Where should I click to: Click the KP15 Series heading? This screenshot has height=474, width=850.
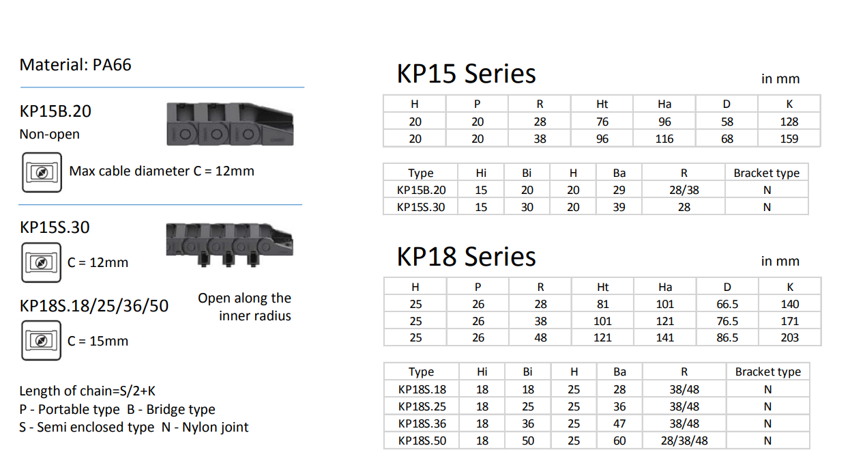466,74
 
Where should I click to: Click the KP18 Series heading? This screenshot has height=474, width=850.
466,257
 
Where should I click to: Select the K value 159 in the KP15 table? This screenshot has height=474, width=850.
789,139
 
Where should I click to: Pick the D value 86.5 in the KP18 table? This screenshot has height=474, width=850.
727,337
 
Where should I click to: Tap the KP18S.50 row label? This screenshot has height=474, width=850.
422,441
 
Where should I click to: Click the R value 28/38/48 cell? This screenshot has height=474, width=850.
684,441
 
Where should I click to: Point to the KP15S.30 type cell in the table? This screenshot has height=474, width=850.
421,207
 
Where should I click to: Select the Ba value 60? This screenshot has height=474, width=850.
619,441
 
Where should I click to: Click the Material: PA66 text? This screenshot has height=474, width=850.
75,65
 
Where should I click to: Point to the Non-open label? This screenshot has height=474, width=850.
49,135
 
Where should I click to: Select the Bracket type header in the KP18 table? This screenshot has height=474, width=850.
767,372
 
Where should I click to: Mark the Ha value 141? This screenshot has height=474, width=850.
664,337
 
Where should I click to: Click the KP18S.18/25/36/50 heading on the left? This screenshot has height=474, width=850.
94,305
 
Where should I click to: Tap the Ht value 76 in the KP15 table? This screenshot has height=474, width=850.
602,122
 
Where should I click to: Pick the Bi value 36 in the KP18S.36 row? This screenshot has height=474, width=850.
527,423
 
